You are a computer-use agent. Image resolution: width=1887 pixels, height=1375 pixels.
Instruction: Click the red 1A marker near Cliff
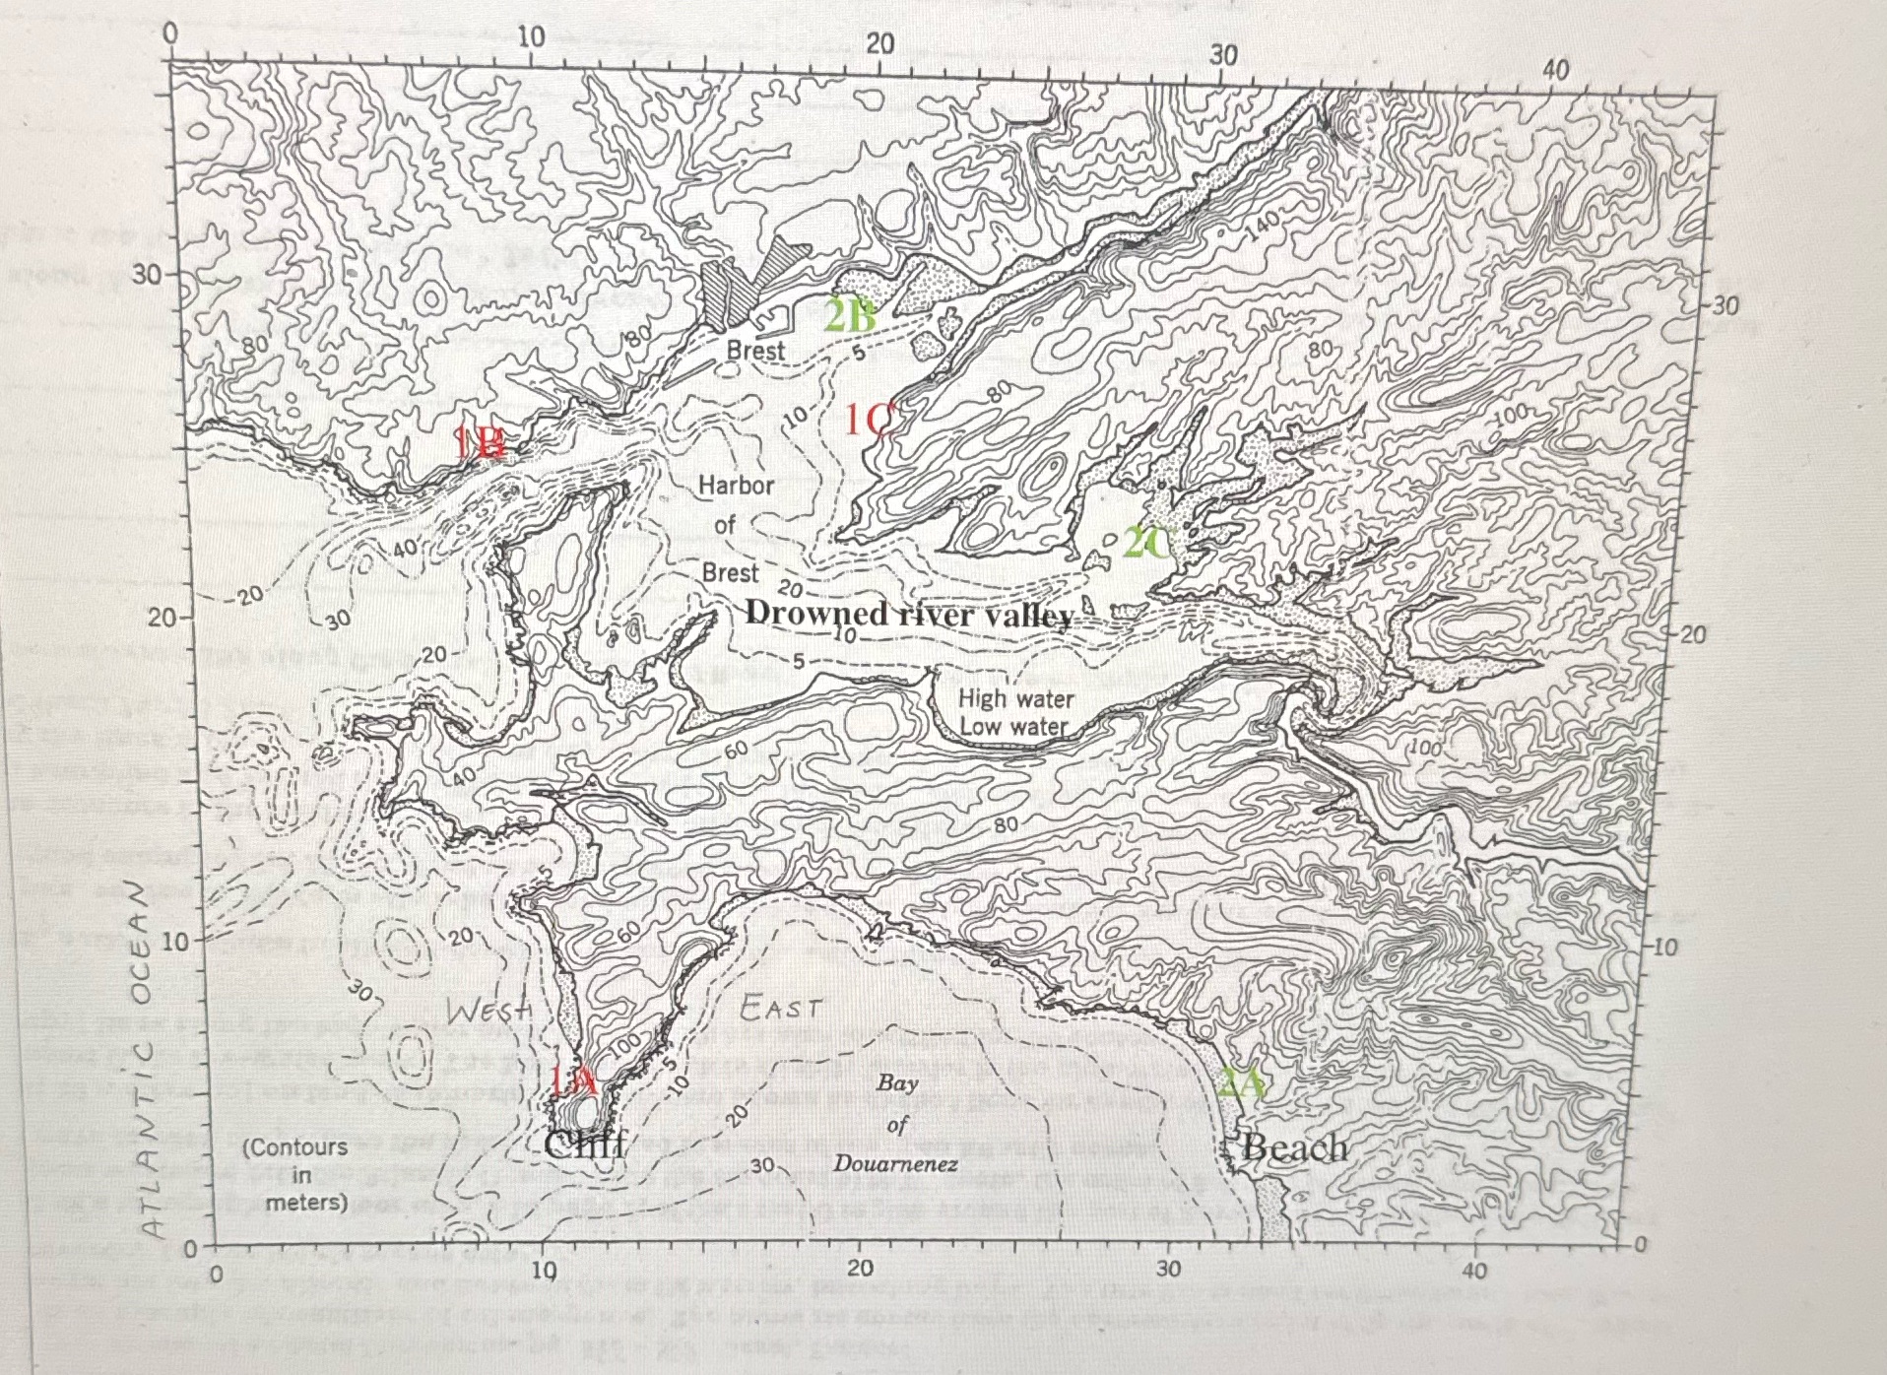(x=573, y=1081)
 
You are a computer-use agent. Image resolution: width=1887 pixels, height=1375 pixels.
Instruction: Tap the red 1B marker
(x=482, y=442)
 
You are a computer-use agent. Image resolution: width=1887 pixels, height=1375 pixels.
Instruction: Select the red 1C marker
(x=868, y=421)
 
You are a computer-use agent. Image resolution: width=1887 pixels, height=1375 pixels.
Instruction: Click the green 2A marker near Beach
(x=1242, y=1084)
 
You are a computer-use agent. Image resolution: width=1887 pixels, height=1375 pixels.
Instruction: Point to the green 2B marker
(x=849, y=317)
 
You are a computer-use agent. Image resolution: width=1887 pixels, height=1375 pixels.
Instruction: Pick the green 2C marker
(x=1147, y=543)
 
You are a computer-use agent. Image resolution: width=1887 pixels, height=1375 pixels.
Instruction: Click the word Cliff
(x=585, y=1145)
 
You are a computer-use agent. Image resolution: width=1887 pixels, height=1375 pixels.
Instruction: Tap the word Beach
(x=1294, y=1147)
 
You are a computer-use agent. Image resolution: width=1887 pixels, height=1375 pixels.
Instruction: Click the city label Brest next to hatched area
(x=755, y=350)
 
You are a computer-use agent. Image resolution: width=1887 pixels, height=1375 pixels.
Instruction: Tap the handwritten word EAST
(x=780, y=1008)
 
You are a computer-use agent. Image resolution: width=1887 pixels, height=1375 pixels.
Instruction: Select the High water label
(x=1015, y=698)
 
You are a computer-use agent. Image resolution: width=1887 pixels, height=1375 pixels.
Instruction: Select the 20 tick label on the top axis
(x=879, y=44)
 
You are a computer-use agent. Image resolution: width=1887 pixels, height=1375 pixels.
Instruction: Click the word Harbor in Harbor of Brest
(x=736, y=485)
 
